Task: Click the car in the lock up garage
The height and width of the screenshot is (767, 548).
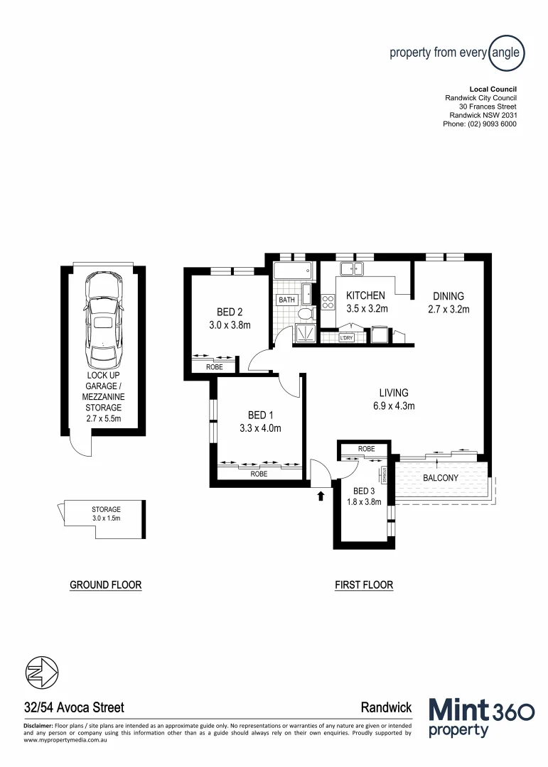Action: pyautogui.click(x=104, y=317)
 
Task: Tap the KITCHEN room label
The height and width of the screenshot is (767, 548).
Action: pyautogui.click(x=365, y=295)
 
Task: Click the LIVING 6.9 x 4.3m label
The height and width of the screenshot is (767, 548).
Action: pyautogui.click(x=393, y=399)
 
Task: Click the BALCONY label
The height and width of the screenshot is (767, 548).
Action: pyautogui.click(x=440, y=478)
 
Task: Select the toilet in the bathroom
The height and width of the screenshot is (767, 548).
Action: pyautogui.click(x=306, y=314)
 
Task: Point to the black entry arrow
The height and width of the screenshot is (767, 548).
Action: pyautogui.click(x=321, y=495)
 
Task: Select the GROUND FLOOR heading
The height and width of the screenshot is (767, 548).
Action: pyautogui.click(x=105, y=585)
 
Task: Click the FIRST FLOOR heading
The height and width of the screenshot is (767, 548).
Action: pyautogui.click(x=364, y=585)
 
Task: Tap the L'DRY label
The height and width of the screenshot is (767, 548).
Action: pyautogui.click(x=347, y=338)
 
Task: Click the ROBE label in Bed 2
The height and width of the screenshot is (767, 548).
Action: pyautogui.click(x=214, y=367)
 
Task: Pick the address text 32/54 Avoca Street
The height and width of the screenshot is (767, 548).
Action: pyautogui.click(x=74, y=707)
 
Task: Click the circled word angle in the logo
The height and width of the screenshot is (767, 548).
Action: pyautogui.click(x=506, y=53)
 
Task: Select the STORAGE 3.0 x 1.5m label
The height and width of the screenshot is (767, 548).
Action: pyautogui.click(x=106, y=513)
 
